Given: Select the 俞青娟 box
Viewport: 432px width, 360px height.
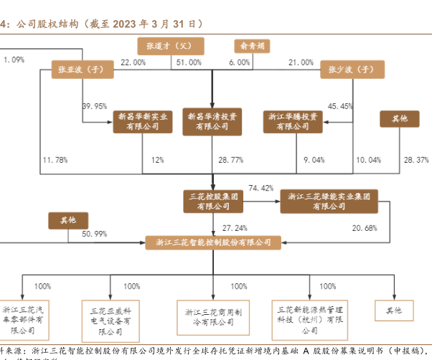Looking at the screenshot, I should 252,45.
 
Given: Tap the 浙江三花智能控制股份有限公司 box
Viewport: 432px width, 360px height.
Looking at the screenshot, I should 213,242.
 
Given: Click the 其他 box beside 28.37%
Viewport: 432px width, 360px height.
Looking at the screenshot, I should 399,118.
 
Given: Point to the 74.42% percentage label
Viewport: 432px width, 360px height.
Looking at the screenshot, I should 260,188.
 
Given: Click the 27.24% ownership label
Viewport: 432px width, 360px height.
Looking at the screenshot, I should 234,227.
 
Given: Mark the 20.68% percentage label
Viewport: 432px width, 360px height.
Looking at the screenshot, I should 365,228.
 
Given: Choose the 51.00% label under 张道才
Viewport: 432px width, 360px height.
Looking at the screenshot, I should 189,63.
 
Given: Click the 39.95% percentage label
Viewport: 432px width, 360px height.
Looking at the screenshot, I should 95,106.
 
